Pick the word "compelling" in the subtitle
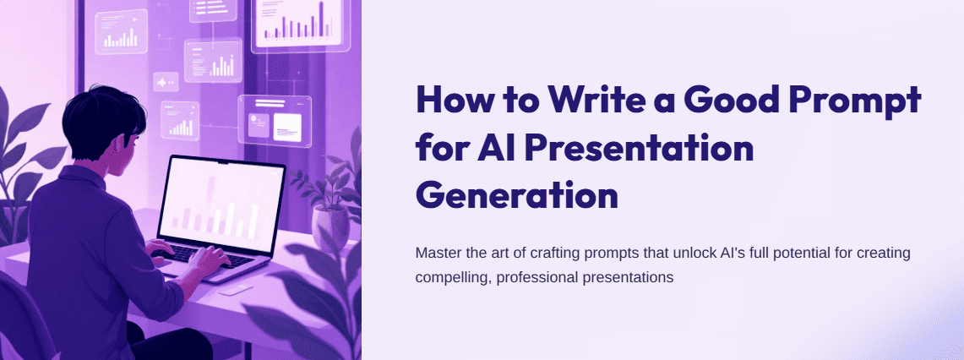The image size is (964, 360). click(x=449, y=276)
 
